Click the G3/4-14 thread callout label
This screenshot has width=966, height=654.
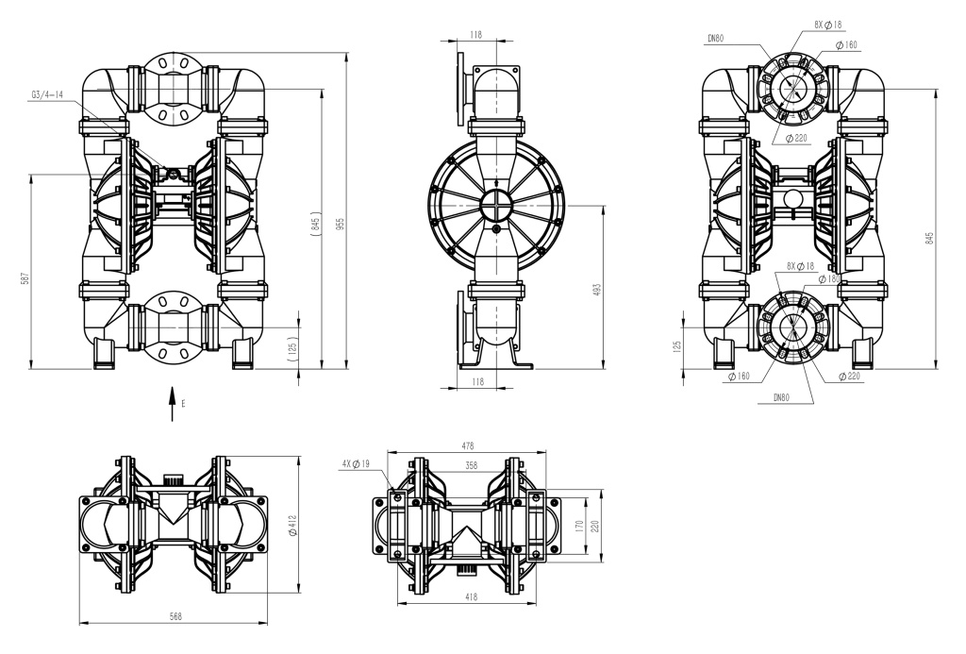pos(46,94)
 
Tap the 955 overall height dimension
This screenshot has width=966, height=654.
pos(341,225)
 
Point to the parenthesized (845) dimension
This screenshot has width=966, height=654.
pos(314,225)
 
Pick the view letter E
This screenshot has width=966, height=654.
pos(184,403)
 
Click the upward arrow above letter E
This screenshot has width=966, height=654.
pos(172,401)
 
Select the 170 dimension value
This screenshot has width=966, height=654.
pos(578,527)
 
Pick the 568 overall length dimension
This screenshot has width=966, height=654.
pos(175,616)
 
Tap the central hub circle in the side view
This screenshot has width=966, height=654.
pos(496,205)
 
